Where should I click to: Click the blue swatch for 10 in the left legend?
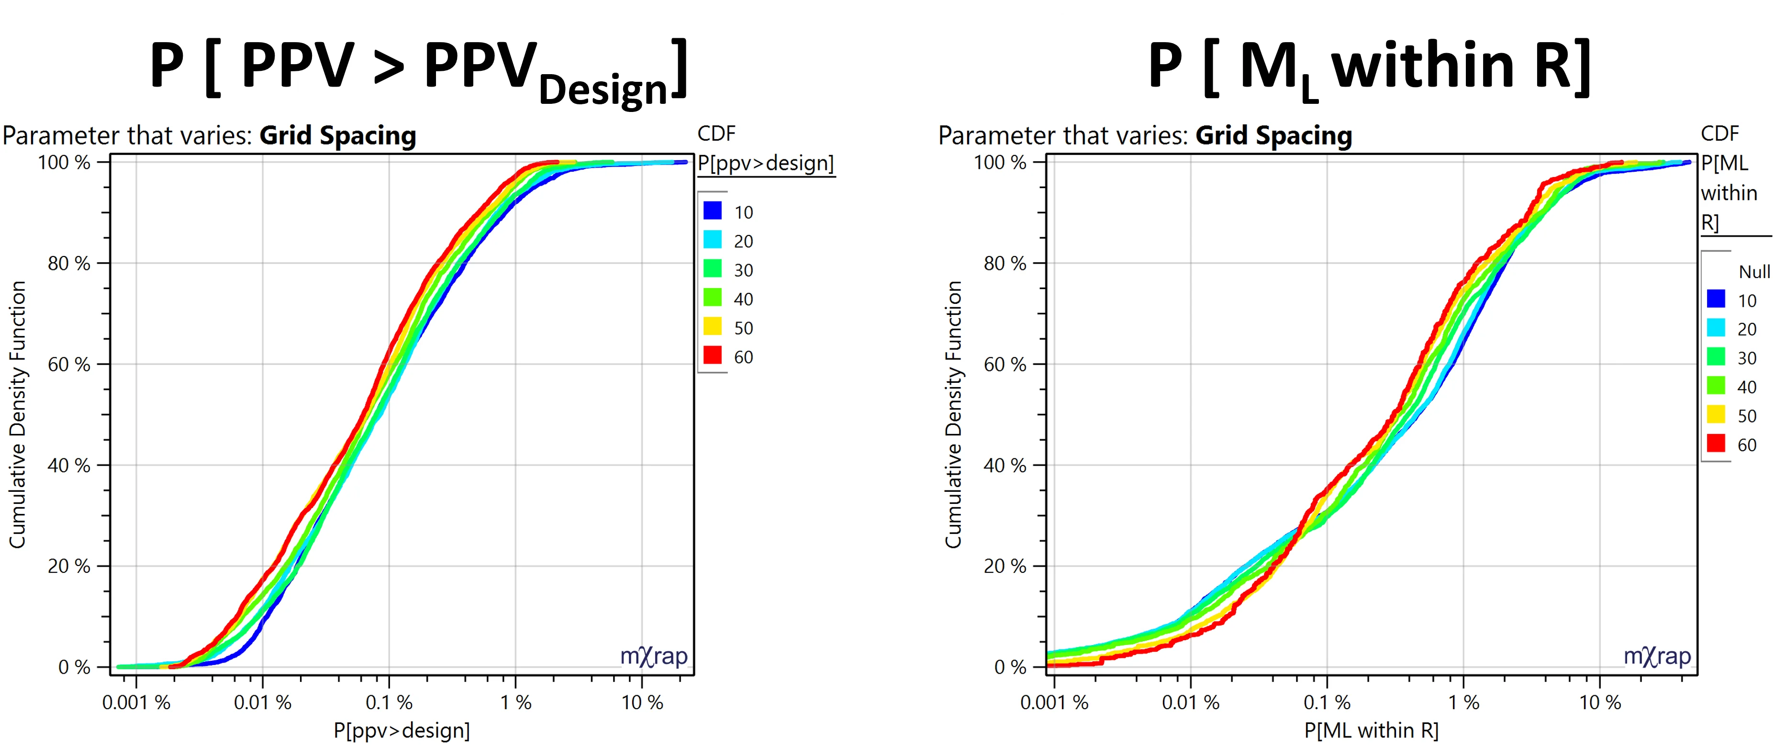tap(713, 211)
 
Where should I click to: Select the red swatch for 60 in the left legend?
tap(713, 356)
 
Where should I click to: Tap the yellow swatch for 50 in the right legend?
tap(1716, 415)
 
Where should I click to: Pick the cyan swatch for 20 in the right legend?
tap(1716, 328)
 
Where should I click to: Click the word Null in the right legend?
tap(1753, 271)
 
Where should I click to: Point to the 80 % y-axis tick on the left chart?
tap(69, 263)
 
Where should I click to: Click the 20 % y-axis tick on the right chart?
tap(1005, 567)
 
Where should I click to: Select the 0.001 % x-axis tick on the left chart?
tap(136, 702)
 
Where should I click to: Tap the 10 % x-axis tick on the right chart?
tap(1600, 702)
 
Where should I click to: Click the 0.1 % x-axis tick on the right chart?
tap(1327, 702)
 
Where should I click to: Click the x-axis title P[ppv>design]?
tap(402, 730)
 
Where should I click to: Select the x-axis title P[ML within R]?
tap(1371, 730)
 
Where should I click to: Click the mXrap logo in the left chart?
tap(653, 656)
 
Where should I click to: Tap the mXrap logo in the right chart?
tap(1657, 656)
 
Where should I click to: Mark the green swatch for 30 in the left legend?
tap(713, 269)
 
